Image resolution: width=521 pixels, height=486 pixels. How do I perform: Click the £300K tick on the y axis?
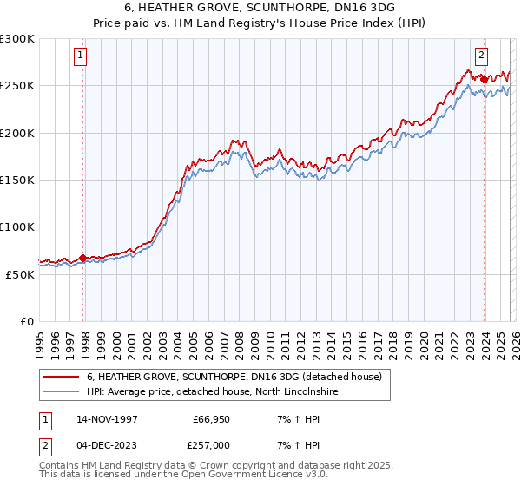point(17,39)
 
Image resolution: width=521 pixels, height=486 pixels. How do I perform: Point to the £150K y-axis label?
point(17,181)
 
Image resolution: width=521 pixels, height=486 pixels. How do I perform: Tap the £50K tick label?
point(20,274)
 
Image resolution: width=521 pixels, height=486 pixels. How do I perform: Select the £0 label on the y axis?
point(28,321)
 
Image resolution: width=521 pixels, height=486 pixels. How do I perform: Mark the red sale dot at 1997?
point(82,258)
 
